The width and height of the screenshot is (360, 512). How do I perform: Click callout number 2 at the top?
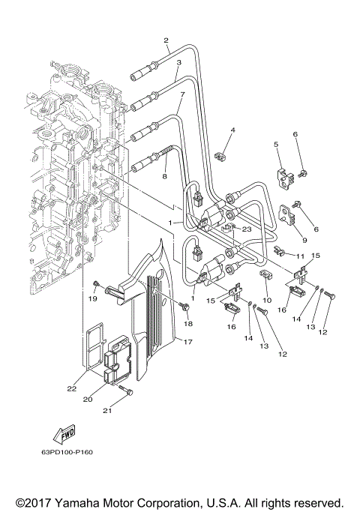166,40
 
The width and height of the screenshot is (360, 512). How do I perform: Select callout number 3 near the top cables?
178,64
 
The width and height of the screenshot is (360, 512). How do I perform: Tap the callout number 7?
181,95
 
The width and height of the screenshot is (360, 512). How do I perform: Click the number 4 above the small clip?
211,130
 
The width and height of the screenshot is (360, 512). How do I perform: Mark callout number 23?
245,231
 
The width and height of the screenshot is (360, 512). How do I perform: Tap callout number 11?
300,256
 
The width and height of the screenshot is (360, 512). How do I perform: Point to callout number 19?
94,298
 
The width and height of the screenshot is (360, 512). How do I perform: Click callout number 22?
71,388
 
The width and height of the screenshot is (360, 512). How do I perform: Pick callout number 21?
106,411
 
